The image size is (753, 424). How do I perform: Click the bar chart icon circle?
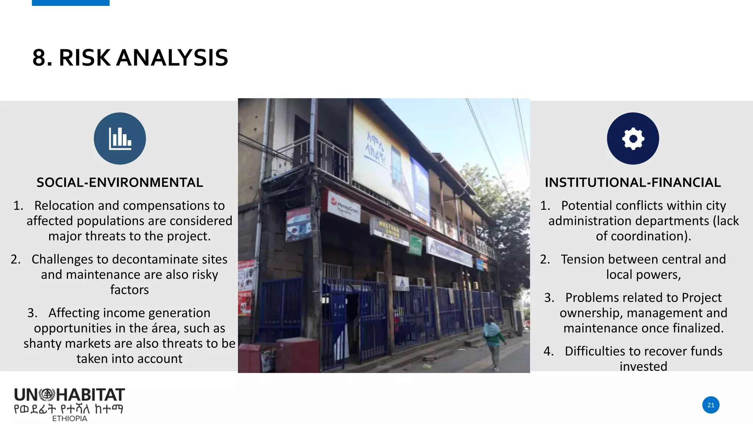click(120, 138)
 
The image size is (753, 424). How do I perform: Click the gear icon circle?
click(633, 138)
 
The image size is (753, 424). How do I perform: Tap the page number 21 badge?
click(711, 405)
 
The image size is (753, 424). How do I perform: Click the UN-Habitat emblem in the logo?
click(47, 395)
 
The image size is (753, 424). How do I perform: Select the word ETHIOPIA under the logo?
click(69, 418)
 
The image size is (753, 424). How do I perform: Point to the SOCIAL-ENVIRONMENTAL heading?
click(120, 183)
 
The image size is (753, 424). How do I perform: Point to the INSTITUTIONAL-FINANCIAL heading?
click(633, 183)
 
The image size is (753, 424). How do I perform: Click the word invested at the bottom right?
click(643, 366)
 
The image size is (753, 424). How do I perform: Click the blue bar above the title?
click(71, 3)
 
